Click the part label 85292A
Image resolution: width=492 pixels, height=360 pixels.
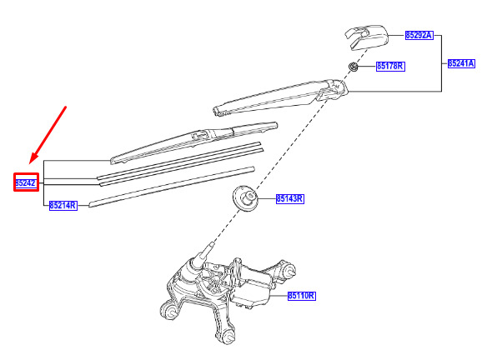419,35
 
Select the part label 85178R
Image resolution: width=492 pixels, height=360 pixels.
390,66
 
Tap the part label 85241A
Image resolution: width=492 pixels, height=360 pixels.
461,63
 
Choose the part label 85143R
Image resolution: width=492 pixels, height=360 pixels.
290,199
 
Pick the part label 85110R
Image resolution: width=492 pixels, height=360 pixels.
302,296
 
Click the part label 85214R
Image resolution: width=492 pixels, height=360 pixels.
63,206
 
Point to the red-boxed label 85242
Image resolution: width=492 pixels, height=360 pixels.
26,182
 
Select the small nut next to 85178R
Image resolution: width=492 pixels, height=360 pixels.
354,67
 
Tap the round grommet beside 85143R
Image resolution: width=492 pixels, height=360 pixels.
245,198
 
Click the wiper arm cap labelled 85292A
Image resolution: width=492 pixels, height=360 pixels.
367,37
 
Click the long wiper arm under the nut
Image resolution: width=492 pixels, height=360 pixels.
280,97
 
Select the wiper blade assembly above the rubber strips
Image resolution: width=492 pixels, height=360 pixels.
194,142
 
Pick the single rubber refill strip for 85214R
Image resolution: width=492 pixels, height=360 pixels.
171,187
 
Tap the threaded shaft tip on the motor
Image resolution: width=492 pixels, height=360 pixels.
210,247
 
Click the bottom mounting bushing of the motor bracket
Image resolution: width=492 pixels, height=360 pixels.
228,337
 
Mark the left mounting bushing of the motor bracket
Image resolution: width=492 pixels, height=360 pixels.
170,311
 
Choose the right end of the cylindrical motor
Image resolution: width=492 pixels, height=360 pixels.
289,270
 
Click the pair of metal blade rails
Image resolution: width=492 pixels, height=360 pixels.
180,164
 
